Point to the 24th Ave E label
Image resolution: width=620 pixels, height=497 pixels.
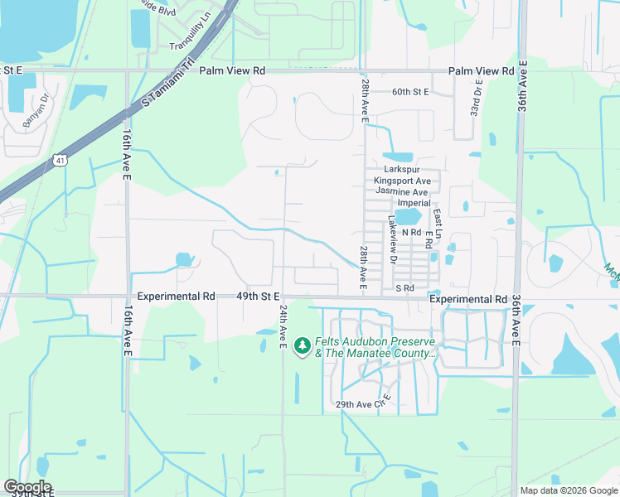[283, 326]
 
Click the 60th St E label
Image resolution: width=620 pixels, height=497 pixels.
[410, 92]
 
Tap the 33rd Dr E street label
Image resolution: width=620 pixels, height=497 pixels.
[477, 98]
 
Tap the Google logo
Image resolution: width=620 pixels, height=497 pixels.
[27, 487]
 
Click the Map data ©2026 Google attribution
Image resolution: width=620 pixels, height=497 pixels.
[568, 490]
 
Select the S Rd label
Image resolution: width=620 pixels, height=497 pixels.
[404, 287]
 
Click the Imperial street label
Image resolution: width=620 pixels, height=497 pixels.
[414, 203]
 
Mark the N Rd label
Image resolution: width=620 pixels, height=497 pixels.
[411, 233]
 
